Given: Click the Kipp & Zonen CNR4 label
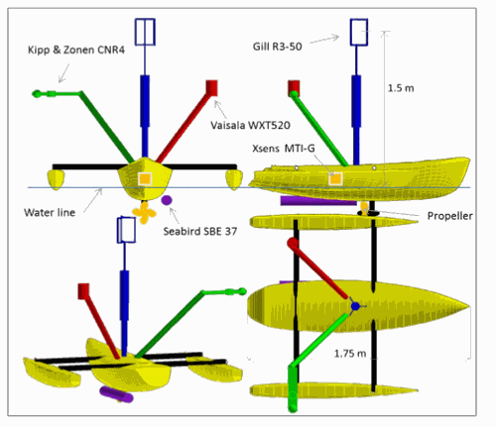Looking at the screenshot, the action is [x=76, y=50].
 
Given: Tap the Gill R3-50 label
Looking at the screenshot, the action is [x=277, y=47].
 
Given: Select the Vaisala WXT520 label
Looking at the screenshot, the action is [x=250, y=125].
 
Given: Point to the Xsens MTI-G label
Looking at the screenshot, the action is [x=284, y=149].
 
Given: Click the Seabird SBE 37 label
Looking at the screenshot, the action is [x=200, y=231].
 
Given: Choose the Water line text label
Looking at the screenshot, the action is [x=50, y=212].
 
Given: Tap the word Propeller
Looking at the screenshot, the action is [x=449, y=216].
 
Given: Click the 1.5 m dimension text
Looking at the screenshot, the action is [x=401, y=88].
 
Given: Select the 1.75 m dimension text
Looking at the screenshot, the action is [x=350, y=354].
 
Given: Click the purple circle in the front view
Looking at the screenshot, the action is [x=167, y=200].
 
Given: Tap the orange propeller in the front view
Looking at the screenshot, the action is [x=144, y=212].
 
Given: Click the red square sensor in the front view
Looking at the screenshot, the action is [x=211, y=88].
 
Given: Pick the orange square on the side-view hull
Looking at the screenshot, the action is [x=335, y=179].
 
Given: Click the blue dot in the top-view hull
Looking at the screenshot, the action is [x=355, y=306].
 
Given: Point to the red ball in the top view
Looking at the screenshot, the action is [x=293, y=244].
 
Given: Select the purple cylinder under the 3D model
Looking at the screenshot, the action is [x=116, y=394].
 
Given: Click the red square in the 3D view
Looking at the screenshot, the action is [x=83, y=291].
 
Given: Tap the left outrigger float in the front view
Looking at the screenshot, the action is [x=56, y=179].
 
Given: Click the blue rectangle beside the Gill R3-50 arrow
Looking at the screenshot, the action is [x=359, y=33].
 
